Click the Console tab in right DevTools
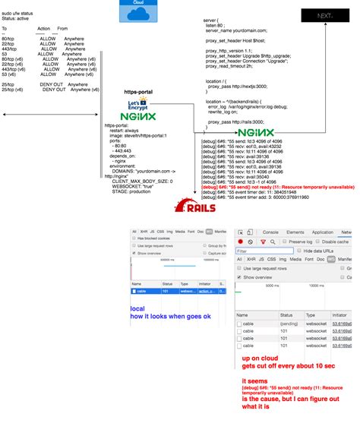(x=271, y=232)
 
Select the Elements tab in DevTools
(x=295, y=232)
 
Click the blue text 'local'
(x=137, y=309)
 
